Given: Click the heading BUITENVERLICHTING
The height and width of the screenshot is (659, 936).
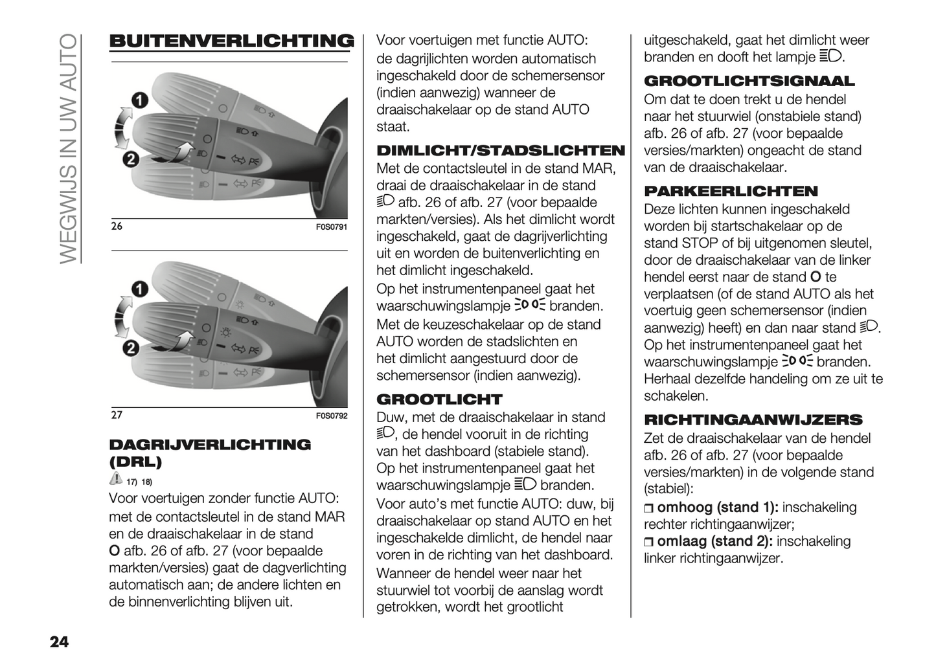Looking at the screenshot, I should point(231,41).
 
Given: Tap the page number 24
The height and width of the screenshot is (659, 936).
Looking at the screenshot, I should point(59,642).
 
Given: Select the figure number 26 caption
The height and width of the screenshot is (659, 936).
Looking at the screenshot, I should point(117,227).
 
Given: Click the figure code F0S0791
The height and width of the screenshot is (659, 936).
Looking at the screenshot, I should point(332,227).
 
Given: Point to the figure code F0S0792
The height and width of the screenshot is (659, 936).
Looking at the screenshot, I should point(332,416).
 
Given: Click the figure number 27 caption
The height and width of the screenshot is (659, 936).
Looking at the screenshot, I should point(117,415).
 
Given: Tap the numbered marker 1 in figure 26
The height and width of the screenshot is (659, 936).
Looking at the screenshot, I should point(139,100).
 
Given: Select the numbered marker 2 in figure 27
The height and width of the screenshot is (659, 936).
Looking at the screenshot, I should point(131,348).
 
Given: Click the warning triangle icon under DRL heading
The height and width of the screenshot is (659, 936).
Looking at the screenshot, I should point(116,479).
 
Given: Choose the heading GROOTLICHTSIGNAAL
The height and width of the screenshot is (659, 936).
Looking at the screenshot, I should point(749,82).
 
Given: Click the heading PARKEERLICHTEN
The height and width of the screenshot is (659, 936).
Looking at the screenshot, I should point(731,192).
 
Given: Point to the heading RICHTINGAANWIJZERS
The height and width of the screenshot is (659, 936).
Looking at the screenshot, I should point(753,419).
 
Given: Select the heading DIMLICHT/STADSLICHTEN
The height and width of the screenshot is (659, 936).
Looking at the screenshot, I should point(500,151).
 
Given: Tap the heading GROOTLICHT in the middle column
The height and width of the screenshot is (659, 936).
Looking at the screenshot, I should point(439,399).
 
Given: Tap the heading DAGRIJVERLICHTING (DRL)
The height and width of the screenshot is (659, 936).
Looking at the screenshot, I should point(210,452).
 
